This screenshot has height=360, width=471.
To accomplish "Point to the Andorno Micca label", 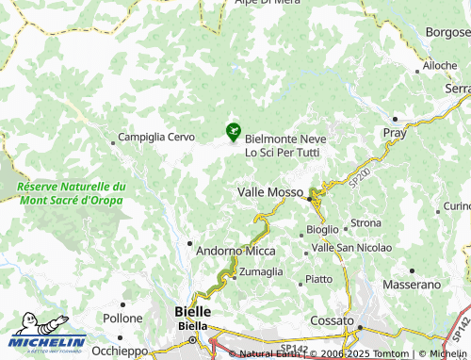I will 235,252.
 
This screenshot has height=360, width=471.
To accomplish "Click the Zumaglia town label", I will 260,271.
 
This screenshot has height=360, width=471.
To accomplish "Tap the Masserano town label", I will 413,284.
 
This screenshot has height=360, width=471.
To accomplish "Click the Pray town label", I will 395,133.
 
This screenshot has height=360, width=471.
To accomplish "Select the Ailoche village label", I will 439,65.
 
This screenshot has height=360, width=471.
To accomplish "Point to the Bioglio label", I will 322,230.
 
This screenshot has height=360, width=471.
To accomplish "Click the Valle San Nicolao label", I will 351,247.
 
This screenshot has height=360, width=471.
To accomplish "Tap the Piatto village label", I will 318,279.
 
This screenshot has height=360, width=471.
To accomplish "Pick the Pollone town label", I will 122,319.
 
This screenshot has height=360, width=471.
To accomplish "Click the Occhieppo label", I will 120,351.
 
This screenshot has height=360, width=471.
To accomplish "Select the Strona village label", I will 365,223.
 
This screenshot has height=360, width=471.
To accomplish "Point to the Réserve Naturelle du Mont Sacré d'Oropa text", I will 71,193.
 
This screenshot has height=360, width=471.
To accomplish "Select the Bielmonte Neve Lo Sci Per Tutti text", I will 283,145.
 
